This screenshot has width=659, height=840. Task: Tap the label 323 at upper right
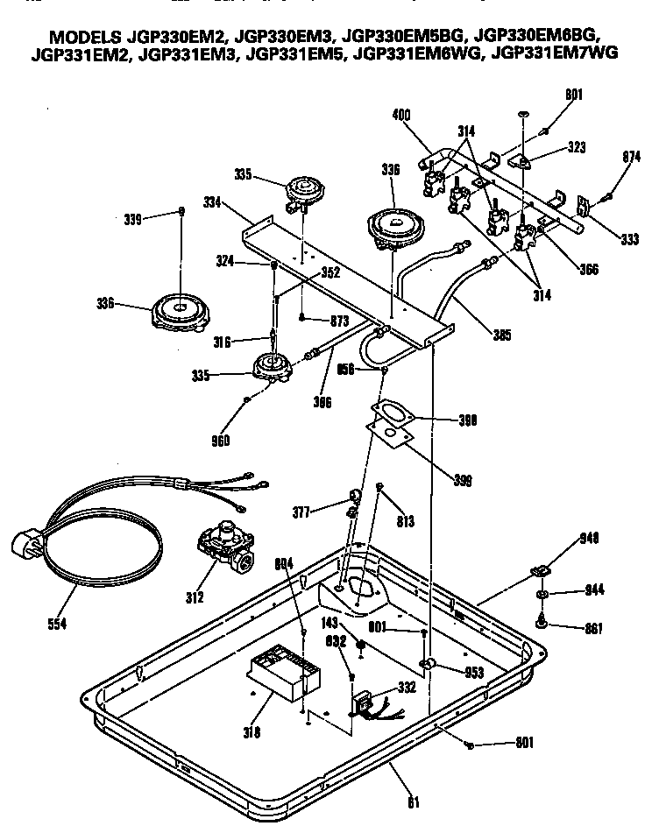pos(576,149)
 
